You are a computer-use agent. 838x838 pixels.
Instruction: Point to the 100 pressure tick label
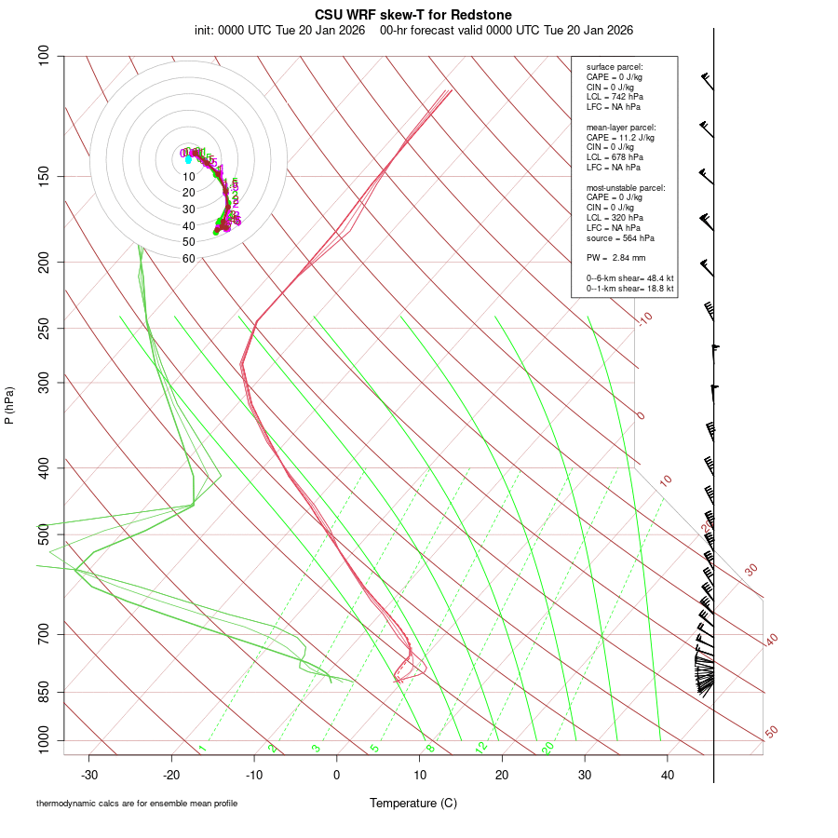45,56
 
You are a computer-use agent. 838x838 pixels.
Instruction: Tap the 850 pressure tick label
45,692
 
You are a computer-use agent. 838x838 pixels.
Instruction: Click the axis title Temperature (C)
413,803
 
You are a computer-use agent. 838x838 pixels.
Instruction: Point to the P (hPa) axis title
9,405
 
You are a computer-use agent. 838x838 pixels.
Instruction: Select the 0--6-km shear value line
629,277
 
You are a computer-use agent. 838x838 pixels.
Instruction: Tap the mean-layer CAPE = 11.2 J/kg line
620,137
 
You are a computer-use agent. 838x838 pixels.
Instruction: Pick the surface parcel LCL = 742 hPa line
615,97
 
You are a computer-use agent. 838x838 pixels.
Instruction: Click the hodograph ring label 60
189,259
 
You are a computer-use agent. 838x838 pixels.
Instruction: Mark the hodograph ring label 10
189,177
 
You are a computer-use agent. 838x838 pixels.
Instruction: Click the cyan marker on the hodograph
188,159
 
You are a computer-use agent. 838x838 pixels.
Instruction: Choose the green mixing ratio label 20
547,747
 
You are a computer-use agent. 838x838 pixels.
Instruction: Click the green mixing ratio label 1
201,748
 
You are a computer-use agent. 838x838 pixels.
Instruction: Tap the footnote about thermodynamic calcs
143,803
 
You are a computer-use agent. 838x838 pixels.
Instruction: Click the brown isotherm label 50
771,733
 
